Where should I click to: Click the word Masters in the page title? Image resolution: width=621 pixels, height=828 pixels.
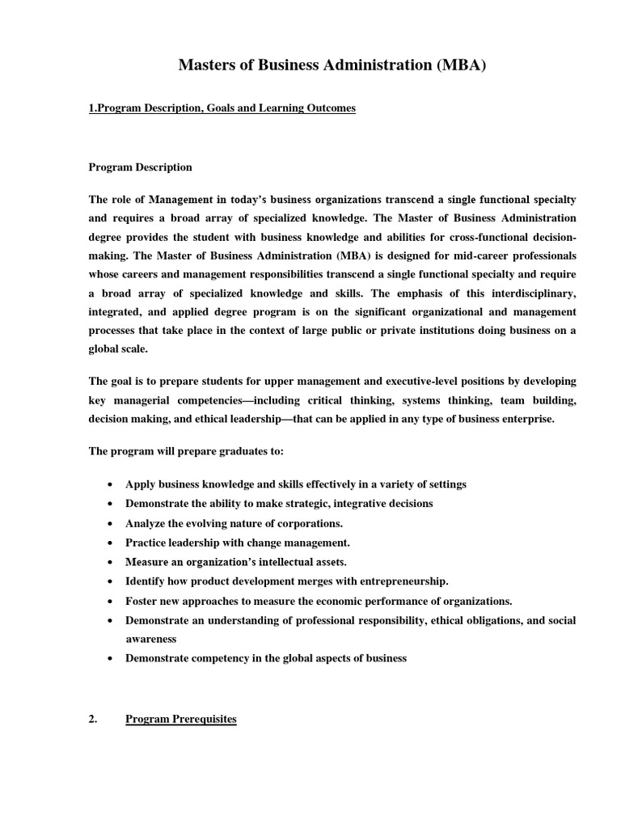(208, 66)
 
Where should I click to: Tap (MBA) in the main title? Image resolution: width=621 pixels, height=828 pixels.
(462, 66)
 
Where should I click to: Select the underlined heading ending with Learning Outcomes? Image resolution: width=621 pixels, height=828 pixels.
(222, 108)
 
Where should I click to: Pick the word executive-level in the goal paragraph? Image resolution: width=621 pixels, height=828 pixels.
(389, 381)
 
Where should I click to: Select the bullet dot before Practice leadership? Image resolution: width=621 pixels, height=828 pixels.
(108, 543)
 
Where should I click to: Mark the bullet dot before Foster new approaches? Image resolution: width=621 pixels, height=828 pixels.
(108, 601)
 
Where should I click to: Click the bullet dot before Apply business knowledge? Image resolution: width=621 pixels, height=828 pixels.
(108, 484)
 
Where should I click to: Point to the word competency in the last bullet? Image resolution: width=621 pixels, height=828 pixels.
(218, 658)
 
